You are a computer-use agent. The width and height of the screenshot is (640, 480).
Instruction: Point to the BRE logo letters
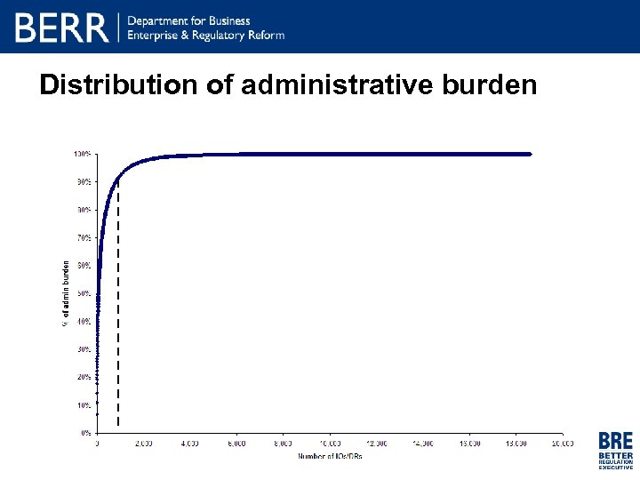pyautogui.click(x=616, y=441)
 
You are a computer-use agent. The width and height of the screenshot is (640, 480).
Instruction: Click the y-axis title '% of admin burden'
pyautogui.click(x=65, y=292)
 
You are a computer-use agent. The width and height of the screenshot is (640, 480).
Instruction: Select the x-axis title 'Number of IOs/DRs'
pyautogui.click(x=329, y=456)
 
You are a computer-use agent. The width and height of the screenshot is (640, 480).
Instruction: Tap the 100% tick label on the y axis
pyautogui.click(x=82, y=154)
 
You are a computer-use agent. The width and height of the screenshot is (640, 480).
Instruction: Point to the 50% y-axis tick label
pyautogui.click(x=83, y=293)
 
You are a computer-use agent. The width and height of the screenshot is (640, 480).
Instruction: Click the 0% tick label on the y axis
pyautogui.click(x=84, y=433)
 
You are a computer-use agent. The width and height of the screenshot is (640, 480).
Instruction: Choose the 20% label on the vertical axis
pyautogui.click(x=83, y=377)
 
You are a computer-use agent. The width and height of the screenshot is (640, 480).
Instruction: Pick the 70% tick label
pyautogui.click(x=83, y=237)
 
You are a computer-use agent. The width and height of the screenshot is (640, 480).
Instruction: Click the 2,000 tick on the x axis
pyautogui.click(x=143, y=443)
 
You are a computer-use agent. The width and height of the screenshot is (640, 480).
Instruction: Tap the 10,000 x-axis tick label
pyautogui.click(x=329, y=443)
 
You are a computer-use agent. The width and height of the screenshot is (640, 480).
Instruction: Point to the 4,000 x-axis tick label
pyautogui.click(x=189, y=443)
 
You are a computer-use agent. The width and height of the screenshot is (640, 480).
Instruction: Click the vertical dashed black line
pyautogui.click(x=118, y=311)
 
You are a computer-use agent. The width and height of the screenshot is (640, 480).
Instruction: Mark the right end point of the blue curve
pyautogui.click(x=529, y=154)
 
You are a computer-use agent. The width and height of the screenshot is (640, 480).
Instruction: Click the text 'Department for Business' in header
pyautogui.click(x=189, y=20)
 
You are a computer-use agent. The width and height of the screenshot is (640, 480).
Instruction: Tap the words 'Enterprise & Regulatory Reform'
pyautogui.click(x=206, y=35)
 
